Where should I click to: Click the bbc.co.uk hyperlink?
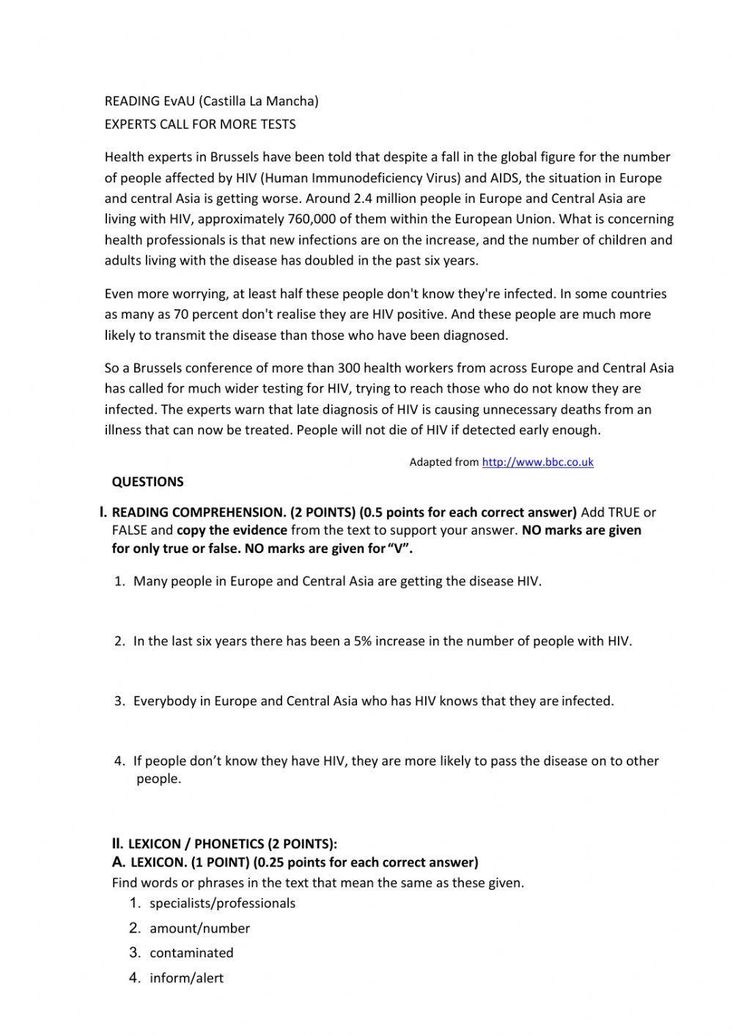tap(537, 462)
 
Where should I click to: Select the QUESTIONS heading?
tap(147, 482)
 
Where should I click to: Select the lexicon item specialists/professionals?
tap(222, 903)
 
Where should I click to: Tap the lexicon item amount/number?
tap(199, 928)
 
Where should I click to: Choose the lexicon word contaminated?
tap(191, 953)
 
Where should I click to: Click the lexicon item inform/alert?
tap(186, 978)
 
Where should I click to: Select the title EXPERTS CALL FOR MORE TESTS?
tap(200, 125)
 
